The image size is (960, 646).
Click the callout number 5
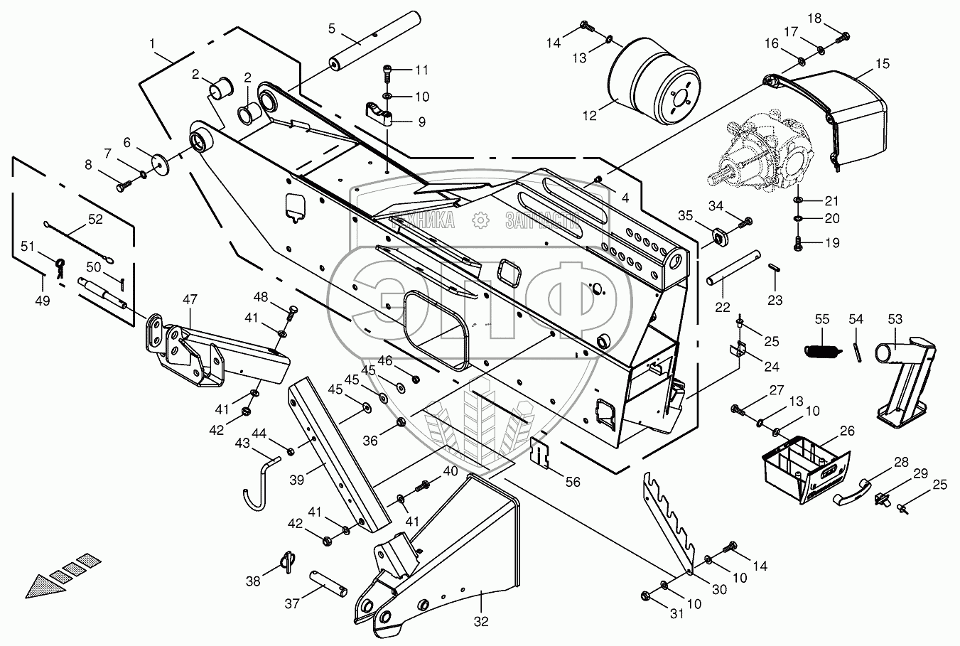pos(332,29)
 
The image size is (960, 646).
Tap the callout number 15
pos(882,64)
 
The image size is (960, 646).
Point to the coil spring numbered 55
pos(823,349)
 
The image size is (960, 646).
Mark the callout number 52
pos(95,220)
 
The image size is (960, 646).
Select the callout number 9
pos(421,122)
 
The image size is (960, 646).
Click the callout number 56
pos(572,482)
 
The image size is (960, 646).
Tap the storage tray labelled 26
pos(804,468)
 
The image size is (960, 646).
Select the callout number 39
pos(297,480)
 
